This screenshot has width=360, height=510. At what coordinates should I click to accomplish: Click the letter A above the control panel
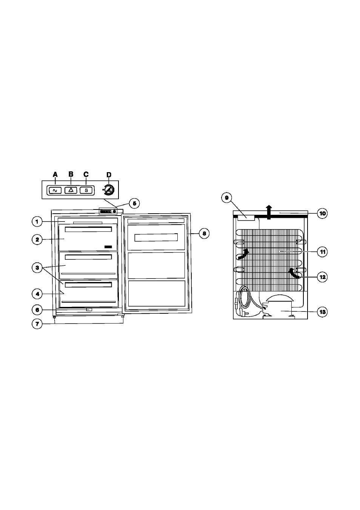pos(55,175)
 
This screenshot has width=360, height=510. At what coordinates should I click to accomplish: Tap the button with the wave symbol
pos(55,190)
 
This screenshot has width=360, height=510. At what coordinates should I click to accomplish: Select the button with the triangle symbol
pos(71,190)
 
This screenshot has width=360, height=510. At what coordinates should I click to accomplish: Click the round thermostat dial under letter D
pos(109,190)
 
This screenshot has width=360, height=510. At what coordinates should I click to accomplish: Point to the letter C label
pos(86,174)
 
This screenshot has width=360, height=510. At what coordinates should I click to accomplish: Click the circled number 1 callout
pos(37,222)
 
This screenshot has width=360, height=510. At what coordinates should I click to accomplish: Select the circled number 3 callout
pos(37,268)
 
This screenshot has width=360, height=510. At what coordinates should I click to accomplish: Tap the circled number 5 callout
pos(134,203)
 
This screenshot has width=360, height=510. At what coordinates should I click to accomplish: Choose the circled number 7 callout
pos(37,324)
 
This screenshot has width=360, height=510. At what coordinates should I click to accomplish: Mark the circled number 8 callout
pos(204,233)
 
